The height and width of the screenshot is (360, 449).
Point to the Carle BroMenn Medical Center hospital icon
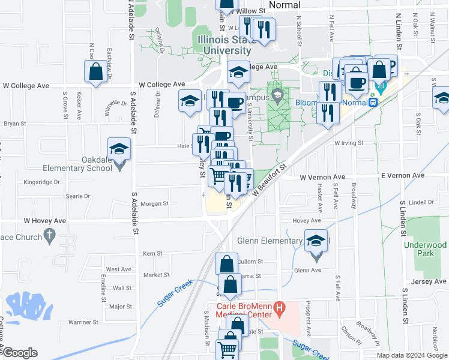point(279,310)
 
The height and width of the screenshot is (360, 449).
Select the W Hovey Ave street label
point(45,221)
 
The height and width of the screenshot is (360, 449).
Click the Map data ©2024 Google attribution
point(411,355)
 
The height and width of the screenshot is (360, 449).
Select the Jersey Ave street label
point(429,281)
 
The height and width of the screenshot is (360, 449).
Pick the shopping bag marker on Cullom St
point(226,264)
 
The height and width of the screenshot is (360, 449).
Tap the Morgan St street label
point(155,204)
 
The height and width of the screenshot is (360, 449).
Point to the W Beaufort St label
point(271,179)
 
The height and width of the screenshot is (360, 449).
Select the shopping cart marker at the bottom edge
point(228,348)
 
